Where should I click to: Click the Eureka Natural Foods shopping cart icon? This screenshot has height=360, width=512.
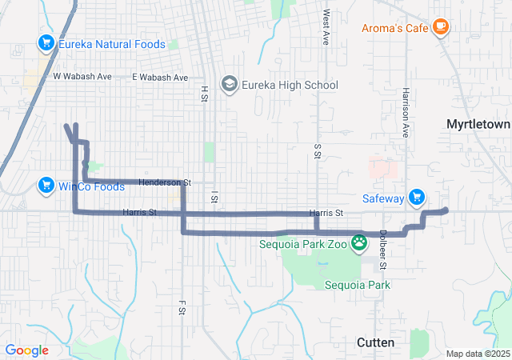46,44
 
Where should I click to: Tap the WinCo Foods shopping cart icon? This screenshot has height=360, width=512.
46,186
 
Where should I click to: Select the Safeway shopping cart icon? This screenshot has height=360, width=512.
416,197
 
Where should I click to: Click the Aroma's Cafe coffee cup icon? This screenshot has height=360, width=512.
440,27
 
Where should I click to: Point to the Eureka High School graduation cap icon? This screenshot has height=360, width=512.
230,85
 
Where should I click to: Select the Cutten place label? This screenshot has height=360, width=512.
374,342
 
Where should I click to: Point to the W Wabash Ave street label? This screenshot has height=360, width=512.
82,77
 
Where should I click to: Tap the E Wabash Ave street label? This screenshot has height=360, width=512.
160,78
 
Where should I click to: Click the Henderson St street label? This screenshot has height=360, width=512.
164,182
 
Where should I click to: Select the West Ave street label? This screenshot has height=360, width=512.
326,28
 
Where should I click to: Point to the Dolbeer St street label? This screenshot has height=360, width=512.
382,250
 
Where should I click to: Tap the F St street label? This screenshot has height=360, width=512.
182,307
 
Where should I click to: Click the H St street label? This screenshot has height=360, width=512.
204,94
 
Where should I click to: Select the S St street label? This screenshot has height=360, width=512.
318,151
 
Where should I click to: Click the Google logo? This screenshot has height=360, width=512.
27,350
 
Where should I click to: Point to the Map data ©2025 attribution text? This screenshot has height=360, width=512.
477,354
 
